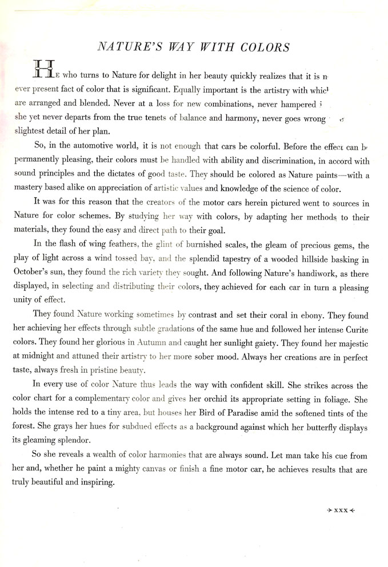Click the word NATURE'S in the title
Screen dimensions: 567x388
tap(130, 47)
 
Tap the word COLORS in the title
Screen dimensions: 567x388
tap(264, 47)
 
